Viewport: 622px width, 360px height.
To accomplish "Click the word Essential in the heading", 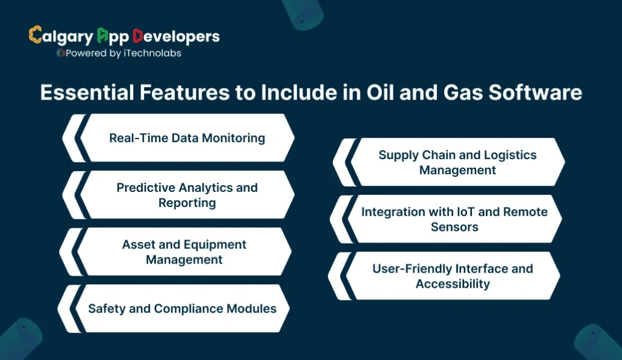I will (80, 92).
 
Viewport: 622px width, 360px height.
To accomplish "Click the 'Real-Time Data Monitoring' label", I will (187, 138).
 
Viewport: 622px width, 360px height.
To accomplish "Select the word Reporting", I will (187, 203).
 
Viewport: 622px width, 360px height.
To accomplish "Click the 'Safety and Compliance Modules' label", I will (182, 308).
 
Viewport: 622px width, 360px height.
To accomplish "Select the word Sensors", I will (454, 227).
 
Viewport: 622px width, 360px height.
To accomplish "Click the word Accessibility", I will (453, 284).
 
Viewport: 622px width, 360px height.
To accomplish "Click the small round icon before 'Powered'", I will (60, 53).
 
